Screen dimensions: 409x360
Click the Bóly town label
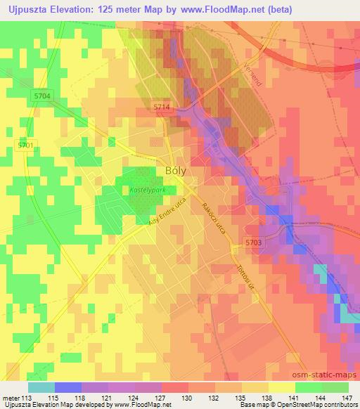[x=176, y=170]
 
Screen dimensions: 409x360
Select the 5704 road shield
[x=42, y=96]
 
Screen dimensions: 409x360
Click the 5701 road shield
[x=25, y=145]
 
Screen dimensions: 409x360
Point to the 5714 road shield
[x=162, y=107]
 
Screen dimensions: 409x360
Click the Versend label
[x=255, y=74]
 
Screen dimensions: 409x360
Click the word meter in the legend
[x=11, y=398]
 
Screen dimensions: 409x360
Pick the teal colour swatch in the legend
[x=41, y=387]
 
